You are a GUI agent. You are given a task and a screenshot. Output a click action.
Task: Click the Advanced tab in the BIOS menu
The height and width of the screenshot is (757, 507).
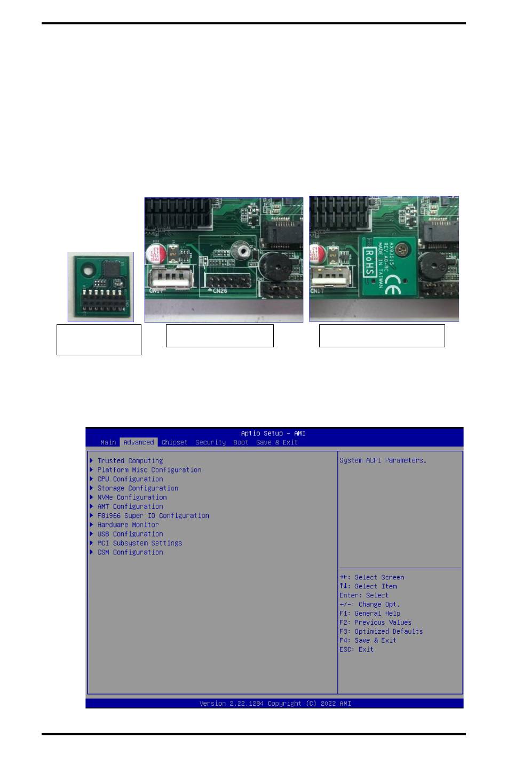click(138, 442)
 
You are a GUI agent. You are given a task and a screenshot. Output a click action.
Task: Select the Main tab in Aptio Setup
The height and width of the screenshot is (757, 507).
click(108, 442)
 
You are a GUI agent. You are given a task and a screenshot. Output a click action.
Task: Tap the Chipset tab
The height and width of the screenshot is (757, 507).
click(175, 442)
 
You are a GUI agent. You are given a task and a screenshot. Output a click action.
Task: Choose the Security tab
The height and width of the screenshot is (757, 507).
click(210, 442)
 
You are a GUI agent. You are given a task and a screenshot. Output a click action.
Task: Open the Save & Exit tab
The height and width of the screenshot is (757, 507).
click(276, 442)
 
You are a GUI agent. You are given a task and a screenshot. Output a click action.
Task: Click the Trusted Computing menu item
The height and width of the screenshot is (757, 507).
click(130, 461)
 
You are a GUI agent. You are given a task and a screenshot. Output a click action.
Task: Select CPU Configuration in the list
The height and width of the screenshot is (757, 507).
click(130, 479)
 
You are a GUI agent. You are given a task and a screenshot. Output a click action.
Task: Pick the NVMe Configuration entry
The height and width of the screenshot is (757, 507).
click(132, 497)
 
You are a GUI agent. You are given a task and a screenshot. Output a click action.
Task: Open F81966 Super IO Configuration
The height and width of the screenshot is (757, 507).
click(153, 516)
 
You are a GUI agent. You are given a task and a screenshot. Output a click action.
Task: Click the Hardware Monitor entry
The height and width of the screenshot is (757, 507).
click(128, 525)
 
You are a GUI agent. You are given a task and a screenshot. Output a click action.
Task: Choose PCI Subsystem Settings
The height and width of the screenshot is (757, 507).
click(139, 543)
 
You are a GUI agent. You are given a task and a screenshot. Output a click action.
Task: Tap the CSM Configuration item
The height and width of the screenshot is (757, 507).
click(130, 552)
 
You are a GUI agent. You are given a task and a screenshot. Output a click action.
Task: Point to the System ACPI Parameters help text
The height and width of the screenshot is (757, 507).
click(383, 460)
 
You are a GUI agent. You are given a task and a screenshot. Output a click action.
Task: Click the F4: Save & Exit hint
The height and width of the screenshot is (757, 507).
click(368, 640)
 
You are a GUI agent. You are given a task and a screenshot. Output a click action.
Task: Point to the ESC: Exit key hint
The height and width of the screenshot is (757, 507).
click(357, 649)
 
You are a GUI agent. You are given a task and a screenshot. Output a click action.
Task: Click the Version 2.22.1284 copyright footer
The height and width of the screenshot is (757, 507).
click(275, 704)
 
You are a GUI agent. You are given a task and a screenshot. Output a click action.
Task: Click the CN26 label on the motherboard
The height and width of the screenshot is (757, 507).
click(220, 291)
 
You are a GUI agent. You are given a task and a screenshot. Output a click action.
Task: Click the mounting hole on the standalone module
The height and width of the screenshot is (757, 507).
click(85, 271)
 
